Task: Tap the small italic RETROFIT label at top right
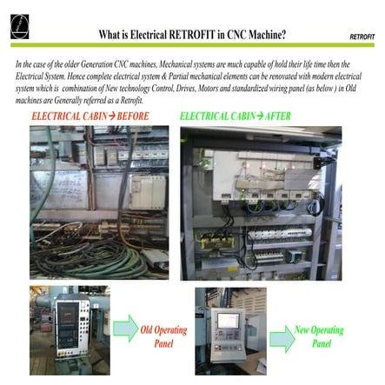click(362, 37)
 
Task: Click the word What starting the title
click(112, 35)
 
